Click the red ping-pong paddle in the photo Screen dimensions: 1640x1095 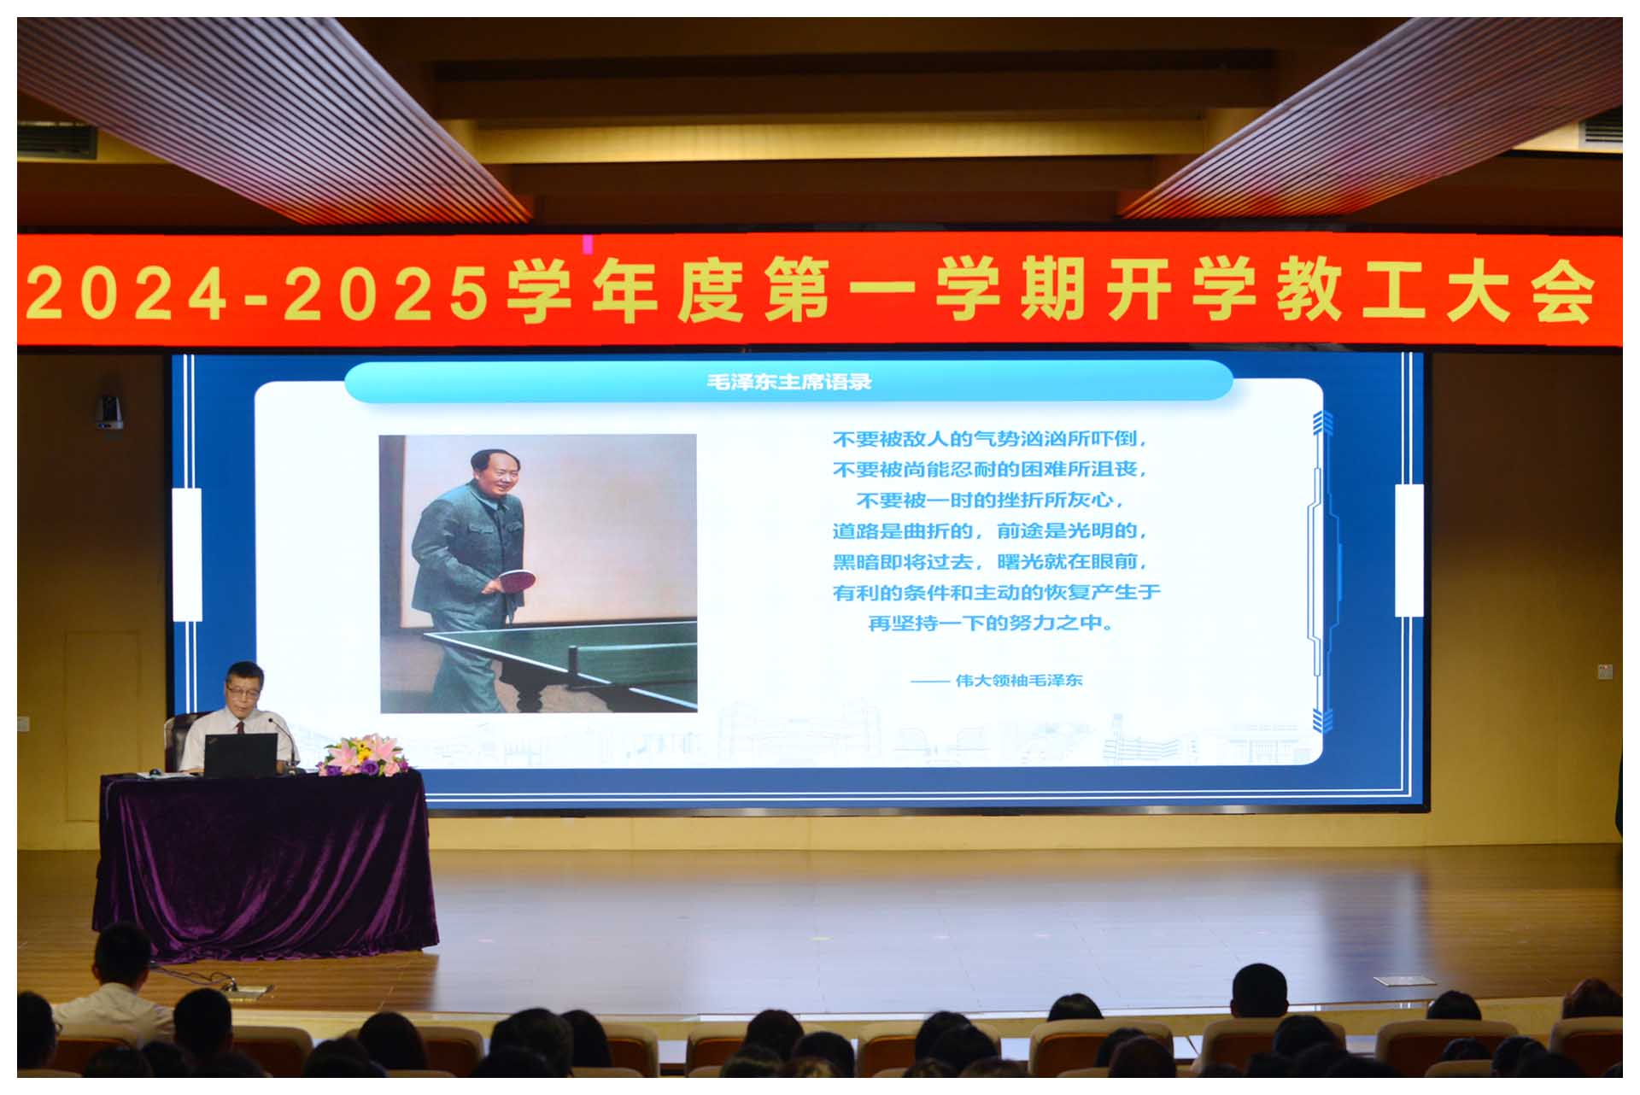[x=516, y=581]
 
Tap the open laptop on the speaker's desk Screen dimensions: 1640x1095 [x=240, y=755]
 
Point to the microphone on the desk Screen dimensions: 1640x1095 [x=284, y=741]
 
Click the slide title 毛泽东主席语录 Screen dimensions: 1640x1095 [x=789, y=382]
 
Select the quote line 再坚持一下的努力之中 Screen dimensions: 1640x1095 [x=991, y=623]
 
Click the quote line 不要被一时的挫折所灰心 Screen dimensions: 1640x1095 [x=990, y=500]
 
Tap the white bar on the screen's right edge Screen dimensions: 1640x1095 [x=1409, y=550]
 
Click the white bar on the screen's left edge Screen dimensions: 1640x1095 [x=187, y=554]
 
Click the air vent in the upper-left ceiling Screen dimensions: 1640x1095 [x=56, y=141]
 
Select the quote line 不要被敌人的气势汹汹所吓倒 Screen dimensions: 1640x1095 [x=991, y=438]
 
